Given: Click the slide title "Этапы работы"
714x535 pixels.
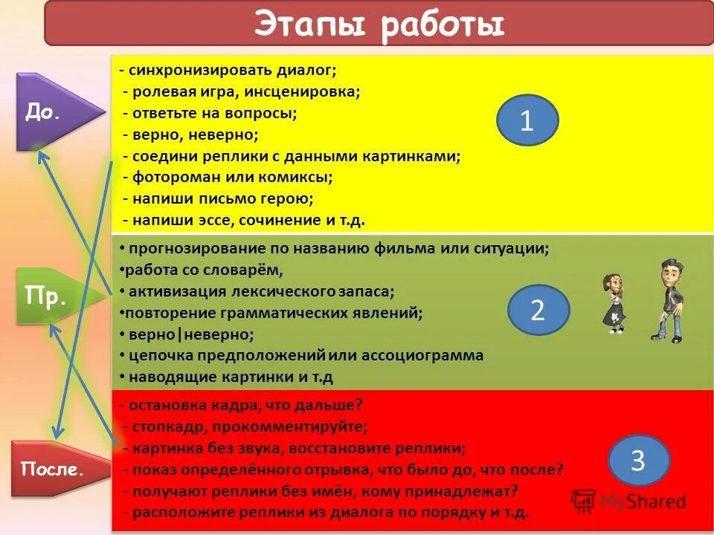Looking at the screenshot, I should [x=379, y=24].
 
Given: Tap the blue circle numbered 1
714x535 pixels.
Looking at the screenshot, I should [x=527, y=120].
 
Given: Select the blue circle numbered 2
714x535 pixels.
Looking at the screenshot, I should [x=538, y=310].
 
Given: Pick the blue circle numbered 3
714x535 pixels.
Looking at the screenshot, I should [x=638, y=461].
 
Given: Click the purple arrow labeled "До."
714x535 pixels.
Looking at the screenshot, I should [x=55, y=112].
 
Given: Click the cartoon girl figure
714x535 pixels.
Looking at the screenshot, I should [x=614, y=301].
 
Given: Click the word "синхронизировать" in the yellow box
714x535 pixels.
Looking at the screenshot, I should [x=195, y=71].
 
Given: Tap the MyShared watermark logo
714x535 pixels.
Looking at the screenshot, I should [x=628, y=500].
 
